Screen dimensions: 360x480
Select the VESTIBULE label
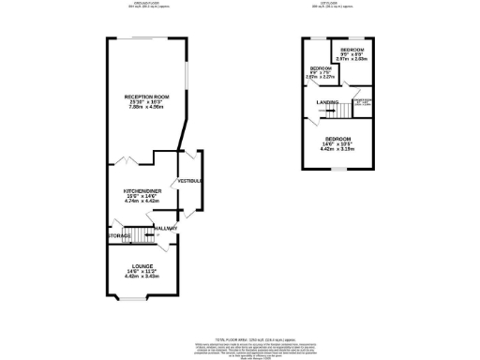pos(190,180)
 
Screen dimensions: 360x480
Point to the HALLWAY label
pos(167,228)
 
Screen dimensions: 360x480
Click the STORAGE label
pos(119,235)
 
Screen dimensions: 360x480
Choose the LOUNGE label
pos(142,265)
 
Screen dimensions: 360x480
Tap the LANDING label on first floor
pos(327,102)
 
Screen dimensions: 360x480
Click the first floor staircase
pos(341,112)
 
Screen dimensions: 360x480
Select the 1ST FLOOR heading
pos(336,4)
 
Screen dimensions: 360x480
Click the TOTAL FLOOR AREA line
pos(240,337)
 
